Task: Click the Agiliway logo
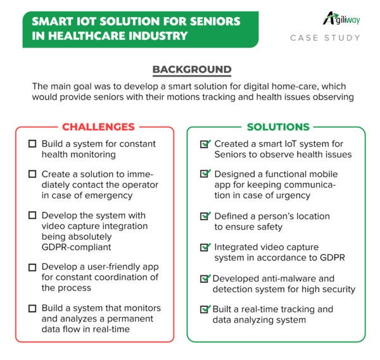pyautogui.click(x=341, y=18)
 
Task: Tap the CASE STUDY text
pyautogui.click(x=325, y=38)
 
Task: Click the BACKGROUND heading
pyautogui.click(x=192, y=70)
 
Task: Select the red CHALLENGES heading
pyautogui.click(x=98, y=127)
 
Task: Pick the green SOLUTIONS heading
pyautogui.click(x=278, y=127)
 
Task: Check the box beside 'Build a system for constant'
pyautogui.click(x=32, y=144)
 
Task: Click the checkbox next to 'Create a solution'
pyautogui.click(x=32, y=174)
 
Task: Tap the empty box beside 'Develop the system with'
pyautogui.click(x=32, y=215)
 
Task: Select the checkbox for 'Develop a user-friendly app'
pyautogui.click(x=32, y=267)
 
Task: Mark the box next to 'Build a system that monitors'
pyautogui.click(x=32, y=308)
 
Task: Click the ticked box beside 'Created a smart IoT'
pyautogui.click(x=205, y=144)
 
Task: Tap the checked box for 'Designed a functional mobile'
pyautogui.click(x=205, y=173)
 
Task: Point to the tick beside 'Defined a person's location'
pyautogui.click(x=205, y=216)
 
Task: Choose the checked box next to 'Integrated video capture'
pyautogui.click(x=205, y=247)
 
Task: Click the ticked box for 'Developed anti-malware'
pyautogui.click(x=205, y=278)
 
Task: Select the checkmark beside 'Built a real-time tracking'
pyautogui.click(x=205, y=309)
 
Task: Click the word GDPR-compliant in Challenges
pyautogui.click(x=77, y=247)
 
